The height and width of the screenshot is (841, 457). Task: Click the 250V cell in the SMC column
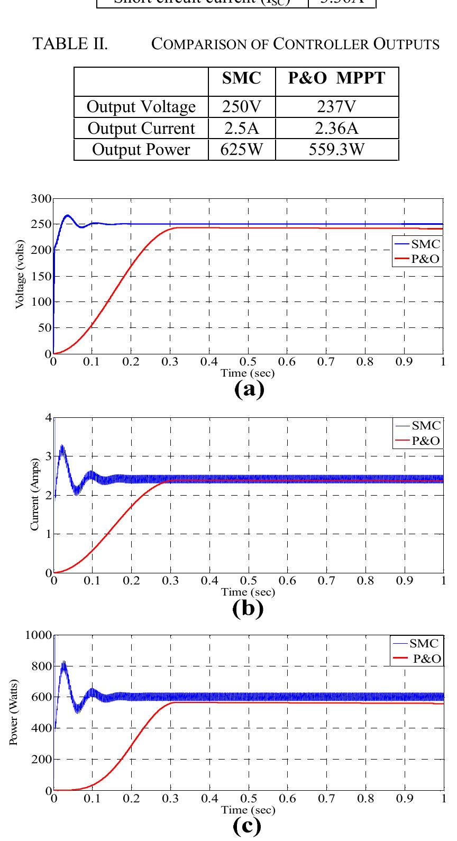(242, 107)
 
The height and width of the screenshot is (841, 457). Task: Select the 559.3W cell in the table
(336, 150)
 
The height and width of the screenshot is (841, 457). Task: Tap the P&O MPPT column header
(336, 78)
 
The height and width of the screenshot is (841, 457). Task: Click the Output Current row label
(141, 129)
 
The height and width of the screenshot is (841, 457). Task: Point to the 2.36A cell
(336, 129)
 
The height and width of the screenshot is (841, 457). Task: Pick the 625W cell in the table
(242, 150)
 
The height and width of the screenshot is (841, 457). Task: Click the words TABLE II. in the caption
(70, 44)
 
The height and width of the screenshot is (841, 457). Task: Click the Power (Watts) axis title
(14, 712)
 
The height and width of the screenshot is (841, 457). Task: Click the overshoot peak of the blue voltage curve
(67, 215)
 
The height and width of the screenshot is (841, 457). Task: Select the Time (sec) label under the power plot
(248, 810)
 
